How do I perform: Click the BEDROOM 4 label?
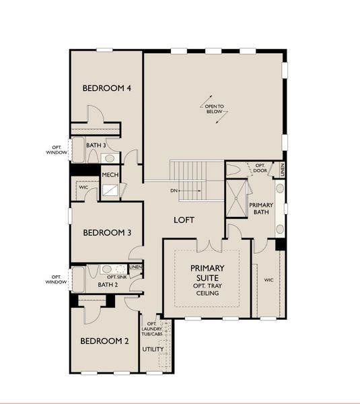tap(106, 88)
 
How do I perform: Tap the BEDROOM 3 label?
tap(106, 233)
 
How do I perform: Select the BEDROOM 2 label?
tap(105, 341)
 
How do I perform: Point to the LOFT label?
tap(184, 220)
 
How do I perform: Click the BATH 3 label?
tap(96, 145)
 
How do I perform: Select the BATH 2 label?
tap(108, 284)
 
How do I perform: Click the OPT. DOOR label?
tap(260, 166)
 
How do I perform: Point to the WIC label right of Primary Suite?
tap(268, 279)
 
